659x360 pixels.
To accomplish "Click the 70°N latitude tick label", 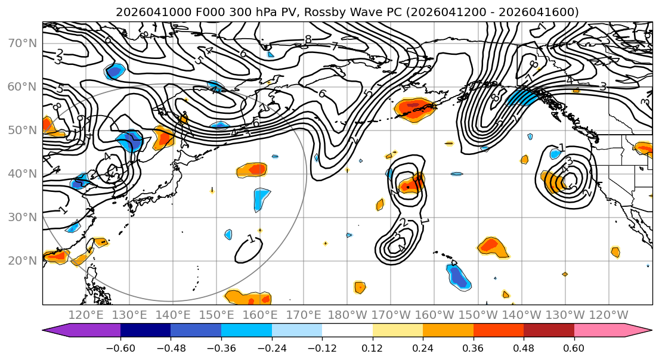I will tap(21, 44).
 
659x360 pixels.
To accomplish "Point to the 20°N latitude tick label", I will tap(21, 260).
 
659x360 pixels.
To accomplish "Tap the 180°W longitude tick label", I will tap(348, 315).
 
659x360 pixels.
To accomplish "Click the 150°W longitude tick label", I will tap(478, 315).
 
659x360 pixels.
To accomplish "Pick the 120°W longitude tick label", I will tap(608, 315).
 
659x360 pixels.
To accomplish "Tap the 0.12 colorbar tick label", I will tap(372, 347).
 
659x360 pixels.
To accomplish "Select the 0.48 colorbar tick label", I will tap(524, 347).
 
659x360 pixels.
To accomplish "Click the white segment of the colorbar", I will tap(347, 331).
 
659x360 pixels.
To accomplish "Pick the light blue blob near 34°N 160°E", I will tap(261, 198).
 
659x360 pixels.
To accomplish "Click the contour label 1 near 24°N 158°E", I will tap(251, 240).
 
